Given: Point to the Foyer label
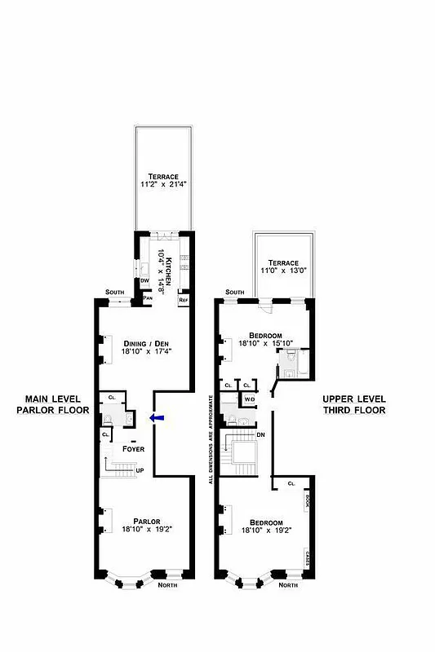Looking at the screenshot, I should coord(134,449).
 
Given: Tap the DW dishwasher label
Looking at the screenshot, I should coord(144,280).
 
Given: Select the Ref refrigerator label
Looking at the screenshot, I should coord(184,300).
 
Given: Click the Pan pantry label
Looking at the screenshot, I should coord(148,298).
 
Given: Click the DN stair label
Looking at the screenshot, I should coord(260,435).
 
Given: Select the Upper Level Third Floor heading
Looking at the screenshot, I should coord(353,404).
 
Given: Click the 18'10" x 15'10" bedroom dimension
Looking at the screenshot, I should coord(266,344).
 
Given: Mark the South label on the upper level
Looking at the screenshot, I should coord(234,292).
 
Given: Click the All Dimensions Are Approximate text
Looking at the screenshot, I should coord(210,440).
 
